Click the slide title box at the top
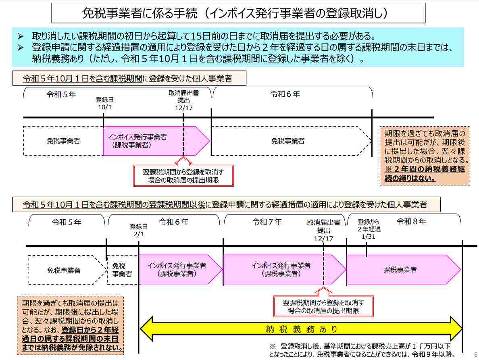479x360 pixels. click(x=238, y=13)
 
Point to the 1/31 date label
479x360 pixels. click(x=369, y=237)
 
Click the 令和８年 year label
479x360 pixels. click(x=411, y=221)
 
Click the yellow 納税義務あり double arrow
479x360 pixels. click(x=301, y=329)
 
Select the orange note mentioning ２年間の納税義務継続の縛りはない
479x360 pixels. click(x=425, y=155)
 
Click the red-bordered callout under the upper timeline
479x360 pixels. click(x=183, y=176)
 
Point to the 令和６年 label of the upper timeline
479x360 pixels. click(x=285, y=94)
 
